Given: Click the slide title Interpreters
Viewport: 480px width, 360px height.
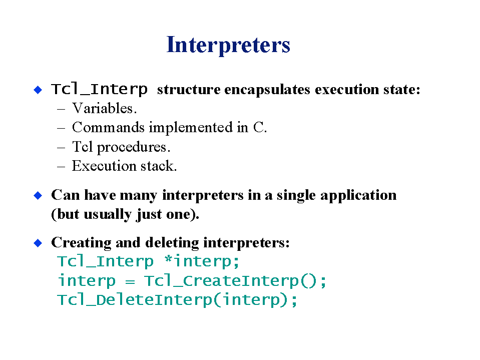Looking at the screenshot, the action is click(228, 45).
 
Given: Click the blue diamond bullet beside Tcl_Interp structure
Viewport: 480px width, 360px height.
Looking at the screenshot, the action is click(38, 90).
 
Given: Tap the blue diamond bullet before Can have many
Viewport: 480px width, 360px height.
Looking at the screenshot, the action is click(38, 195).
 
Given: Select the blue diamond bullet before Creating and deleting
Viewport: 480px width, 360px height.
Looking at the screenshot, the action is click(38, 243).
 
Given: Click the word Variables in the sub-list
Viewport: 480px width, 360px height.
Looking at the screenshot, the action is click(103, 108).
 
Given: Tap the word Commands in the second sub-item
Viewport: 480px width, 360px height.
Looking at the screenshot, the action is click(108, 127).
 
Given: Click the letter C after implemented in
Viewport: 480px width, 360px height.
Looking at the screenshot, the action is click(258, 127).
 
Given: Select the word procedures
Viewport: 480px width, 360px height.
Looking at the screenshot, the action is click(132, 147).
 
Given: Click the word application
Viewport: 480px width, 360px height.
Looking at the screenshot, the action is click(358, 196).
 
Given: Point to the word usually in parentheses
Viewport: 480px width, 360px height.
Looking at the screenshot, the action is click(108, 215).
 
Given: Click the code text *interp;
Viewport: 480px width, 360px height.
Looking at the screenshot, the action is click(202, 261).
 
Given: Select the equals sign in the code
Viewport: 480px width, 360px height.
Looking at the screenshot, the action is click(130, 281).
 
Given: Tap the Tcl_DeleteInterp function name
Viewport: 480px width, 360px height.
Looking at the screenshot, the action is click(135, 300).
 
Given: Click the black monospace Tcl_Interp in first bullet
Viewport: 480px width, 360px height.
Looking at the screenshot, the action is click(100, 90).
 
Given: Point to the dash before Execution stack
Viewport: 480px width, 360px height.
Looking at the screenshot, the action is click(61, 167).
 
